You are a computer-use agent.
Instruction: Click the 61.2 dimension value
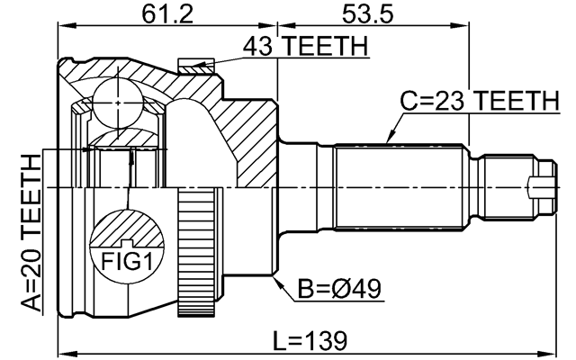(167, 14)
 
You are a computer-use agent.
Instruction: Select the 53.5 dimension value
(368, 14)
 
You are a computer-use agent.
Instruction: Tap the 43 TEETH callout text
(305, 46)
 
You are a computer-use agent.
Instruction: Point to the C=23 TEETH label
(480, 101)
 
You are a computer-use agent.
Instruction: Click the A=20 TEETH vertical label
(31, 233)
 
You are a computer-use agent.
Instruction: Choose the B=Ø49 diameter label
(339, 289)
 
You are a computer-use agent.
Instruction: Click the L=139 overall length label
(310, 340)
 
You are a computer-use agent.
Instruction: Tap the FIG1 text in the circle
(126, 262)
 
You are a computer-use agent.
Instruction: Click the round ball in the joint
(118, 103)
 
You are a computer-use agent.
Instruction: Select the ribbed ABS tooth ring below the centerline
(196, 252)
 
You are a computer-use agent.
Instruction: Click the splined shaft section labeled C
(399, 188)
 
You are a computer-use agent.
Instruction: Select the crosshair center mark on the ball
(118, 103)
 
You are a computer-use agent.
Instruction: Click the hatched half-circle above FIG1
(127, 229)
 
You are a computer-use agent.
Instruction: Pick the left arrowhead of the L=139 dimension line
(68, 354)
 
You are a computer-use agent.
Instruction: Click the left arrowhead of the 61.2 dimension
(68, 26)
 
